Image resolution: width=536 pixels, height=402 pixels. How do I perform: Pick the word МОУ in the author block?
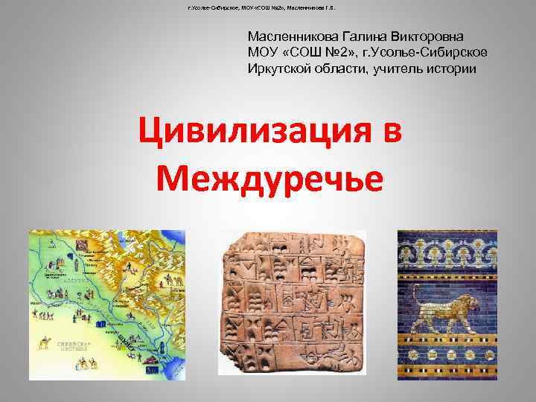pos(264,52)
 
